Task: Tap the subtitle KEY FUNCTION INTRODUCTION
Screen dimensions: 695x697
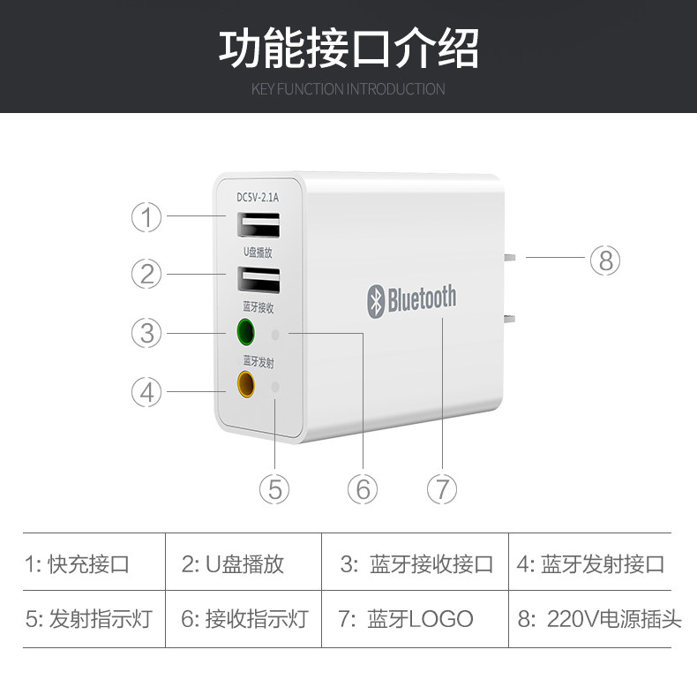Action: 348,89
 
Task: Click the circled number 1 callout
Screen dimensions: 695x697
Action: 147,217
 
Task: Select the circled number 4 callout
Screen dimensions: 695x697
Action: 147,391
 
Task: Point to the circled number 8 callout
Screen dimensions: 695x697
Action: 604,260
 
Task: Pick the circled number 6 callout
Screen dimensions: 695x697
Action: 362,488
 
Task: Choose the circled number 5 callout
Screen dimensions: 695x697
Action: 274,488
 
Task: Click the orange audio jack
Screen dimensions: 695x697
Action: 244,384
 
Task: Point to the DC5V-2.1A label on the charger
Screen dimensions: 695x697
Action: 258,198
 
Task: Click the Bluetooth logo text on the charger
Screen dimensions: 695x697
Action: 411,299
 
